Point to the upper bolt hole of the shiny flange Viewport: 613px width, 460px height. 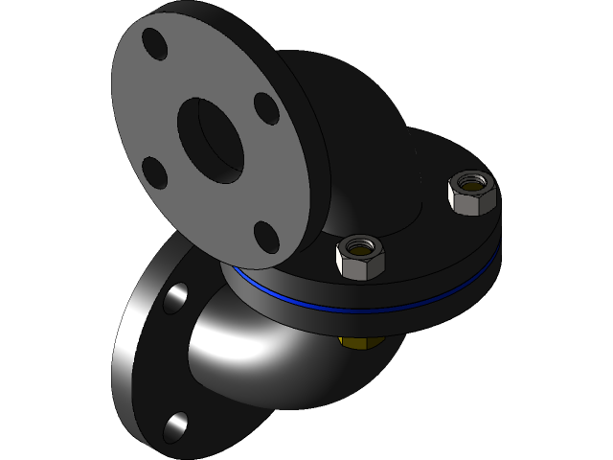(x=175, y=297)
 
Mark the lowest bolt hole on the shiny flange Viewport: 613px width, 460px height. (x=176, y=425)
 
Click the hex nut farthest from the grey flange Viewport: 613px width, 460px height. (x=471, y=192)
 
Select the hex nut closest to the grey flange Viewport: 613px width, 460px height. (x=361, y=256)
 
